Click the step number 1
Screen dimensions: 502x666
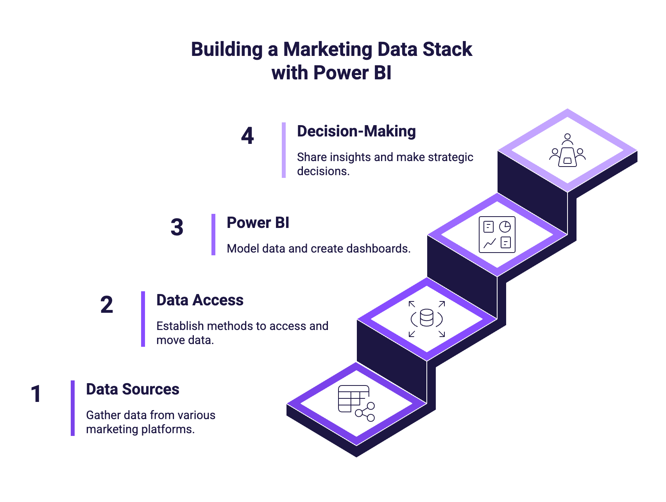click(36, 394)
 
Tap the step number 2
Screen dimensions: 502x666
click(107, 305)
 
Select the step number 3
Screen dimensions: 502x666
click(177, 228)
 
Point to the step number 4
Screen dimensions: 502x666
click(247, 136)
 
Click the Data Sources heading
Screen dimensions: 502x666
click(132, 389)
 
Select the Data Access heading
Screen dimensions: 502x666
click(200, 300)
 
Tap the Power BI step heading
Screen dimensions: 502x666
click(258, 223)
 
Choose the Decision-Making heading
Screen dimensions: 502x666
click(356, 131)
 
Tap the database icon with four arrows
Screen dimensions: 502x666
click(427, 318)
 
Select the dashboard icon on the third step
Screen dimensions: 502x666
click(497, 235)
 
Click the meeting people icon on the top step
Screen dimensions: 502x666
click(568, 151)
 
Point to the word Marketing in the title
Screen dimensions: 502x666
click(327, 50)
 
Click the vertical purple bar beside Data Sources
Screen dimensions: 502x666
click(73, 408)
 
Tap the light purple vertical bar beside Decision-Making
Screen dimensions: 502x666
click(284, 150)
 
